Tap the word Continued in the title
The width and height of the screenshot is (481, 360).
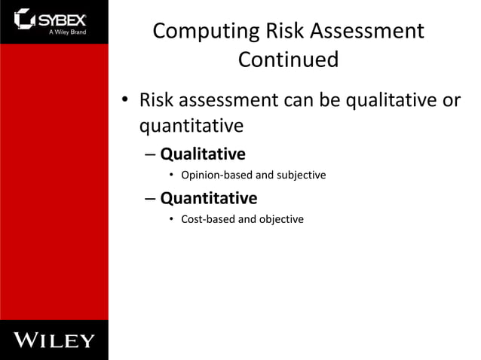(x=288, y=59)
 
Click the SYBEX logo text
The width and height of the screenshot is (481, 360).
(x=66, y=18)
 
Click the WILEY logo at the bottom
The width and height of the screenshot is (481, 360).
(x=54, y=340)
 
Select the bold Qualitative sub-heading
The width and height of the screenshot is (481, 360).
(x=202, y=154)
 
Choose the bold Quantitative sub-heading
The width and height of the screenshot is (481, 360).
(x=208, y=198)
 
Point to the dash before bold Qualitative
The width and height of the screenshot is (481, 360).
(x=148, y=155)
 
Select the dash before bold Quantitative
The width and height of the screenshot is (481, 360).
(x=148, y=199)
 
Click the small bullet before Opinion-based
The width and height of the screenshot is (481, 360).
(x=172, y=176)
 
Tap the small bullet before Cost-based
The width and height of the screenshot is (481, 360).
(x=172, y=220)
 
